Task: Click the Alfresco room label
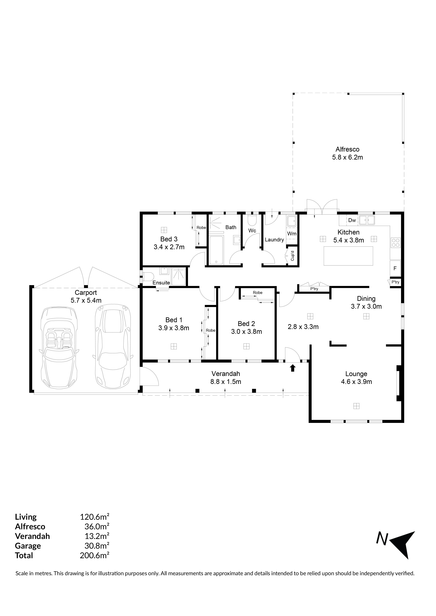(347, 149)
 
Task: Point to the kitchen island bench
(348, 256)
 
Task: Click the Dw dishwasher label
(352, 220)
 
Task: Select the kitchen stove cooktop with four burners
(395, 243)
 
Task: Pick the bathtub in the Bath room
(216, 250)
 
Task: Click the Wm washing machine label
(292, 234)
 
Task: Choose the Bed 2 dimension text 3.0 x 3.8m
(246, 332)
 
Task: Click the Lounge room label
(356, 374)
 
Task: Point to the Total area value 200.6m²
(94, 555)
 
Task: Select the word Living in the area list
(26, 517)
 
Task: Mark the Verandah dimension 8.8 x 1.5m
(226, 382)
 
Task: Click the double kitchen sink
(367, 220)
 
